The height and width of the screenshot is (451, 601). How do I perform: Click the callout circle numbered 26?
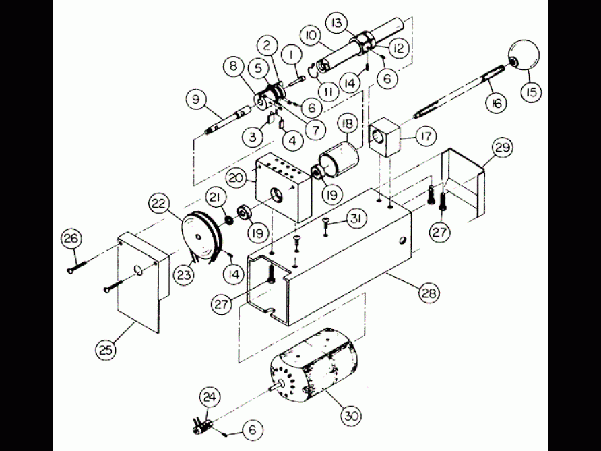coord(71,237)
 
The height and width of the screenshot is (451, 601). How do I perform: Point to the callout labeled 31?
coord(357,219)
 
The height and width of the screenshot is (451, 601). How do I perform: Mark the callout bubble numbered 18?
coord(348,124)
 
